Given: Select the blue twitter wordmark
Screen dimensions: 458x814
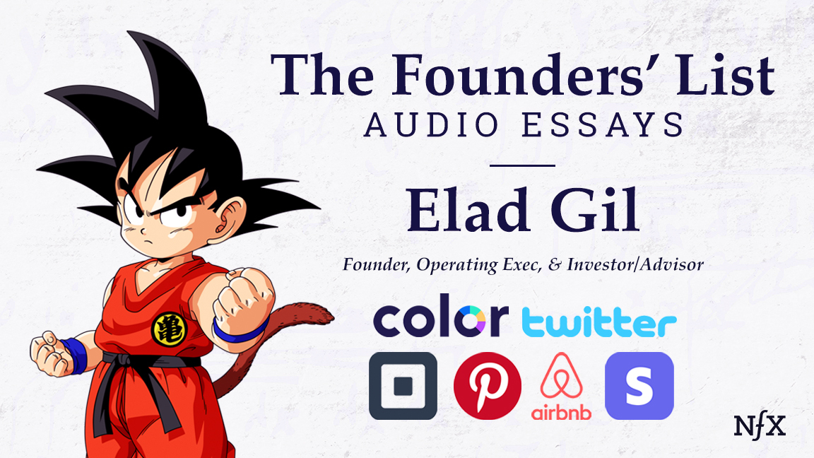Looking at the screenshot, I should click(x=599, y=323).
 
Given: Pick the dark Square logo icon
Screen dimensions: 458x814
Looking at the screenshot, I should click(x=403, y=386).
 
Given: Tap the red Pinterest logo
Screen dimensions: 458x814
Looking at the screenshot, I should click(x=488, y=386).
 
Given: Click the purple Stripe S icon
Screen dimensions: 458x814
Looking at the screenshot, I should click(x=639, y=386).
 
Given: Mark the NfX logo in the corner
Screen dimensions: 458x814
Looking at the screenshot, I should click(x=760, y=425).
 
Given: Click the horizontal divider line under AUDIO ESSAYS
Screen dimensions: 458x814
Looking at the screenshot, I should click(x=523, y=165).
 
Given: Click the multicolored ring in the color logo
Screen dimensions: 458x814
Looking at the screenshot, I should click(x=489, y=318).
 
